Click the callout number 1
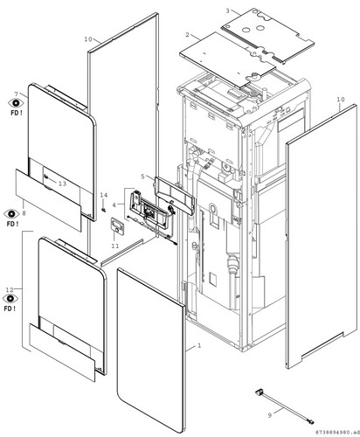[x=199, y=346]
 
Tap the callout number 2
[x=187, y=35]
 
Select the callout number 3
[x=227, y=11]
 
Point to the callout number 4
[x=114, y=205]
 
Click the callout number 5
[x=142, y=177]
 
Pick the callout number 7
[x=17, y=94]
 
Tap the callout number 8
[x=24, y=213]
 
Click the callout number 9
[x=270, y=415]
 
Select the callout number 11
[x=115, y=246]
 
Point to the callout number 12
[x=10, y=289]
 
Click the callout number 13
[x=62, y=184]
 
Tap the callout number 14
[x=104, y=195]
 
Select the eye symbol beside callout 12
[x=10, y=298]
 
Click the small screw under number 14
[x=103, y=210]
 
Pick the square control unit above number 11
[x=117, y=225]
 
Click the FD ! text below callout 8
[x=12, y=224]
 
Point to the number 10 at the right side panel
[x=341, y=100]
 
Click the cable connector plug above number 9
[x=259, y=392]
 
